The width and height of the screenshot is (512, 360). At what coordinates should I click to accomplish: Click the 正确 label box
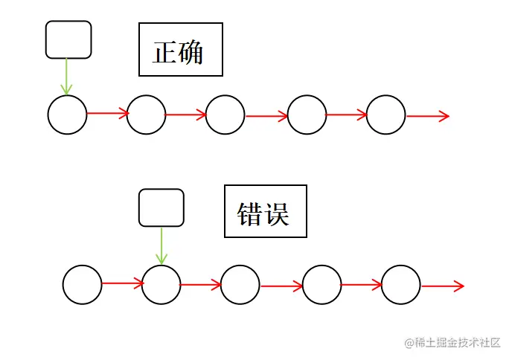181,51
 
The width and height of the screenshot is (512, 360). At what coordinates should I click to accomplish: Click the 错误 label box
266,212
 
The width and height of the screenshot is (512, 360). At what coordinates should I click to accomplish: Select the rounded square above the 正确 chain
68,39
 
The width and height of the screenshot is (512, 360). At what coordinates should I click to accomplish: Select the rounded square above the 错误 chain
161,208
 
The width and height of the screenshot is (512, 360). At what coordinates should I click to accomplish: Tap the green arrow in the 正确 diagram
67,76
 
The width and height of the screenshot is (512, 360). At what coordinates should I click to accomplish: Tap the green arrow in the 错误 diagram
161,245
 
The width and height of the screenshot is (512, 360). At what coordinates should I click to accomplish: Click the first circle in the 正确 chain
67,115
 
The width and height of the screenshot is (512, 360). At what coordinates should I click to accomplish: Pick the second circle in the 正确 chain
146,115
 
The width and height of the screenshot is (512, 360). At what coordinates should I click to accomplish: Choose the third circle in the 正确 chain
225,115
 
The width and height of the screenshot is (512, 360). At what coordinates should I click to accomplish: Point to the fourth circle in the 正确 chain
307,115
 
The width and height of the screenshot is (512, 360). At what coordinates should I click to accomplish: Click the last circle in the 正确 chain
386,115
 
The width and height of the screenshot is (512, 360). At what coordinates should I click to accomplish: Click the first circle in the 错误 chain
82,285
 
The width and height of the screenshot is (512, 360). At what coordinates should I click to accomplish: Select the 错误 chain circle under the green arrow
161,284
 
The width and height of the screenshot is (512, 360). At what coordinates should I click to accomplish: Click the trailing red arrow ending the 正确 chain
428,116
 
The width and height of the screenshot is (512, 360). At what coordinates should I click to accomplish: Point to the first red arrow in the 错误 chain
122,283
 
